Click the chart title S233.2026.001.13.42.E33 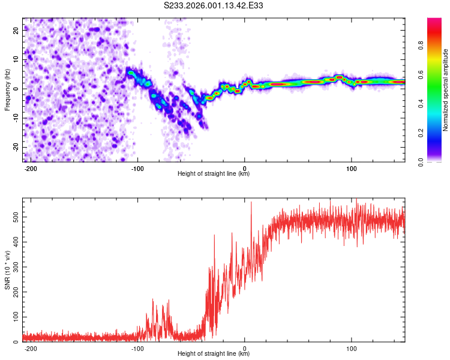pos(214,5)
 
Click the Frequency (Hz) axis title pos(7,89)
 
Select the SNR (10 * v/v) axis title pos(7,269)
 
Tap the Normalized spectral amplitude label pos(446,89)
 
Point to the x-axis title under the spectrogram pos(214,173)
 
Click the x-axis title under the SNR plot pos(214,353)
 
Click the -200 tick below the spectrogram pos(31,167)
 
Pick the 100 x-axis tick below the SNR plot pos(352,347)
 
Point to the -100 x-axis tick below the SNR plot pos(137,347)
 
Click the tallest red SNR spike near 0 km pos(251,203)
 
